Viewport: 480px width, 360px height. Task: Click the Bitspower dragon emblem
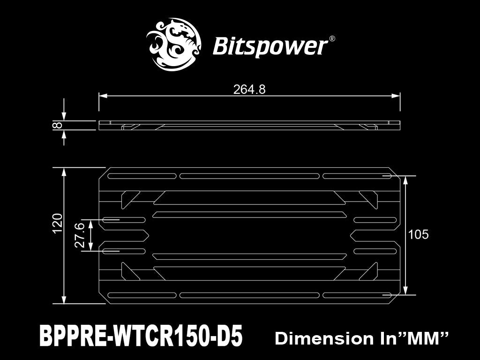coord(173,45)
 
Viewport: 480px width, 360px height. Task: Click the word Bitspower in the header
coord(270,46)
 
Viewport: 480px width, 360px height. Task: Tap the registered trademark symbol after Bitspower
coord(332,39)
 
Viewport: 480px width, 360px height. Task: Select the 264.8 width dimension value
coord(249,89)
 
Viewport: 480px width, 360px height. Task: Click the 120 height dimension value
coord(57,223)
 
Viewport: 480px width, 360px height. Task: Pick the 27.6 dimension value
coord(80,235)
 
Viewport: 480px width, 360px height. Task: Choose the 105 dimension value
coord(418,235)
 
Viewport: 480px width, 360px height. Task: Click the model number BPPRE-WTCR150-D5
coord(141,337)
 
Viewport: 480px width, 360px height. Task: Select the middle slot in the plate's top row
coord(250,176)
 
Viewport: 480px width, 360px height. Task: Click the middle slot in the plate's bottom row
coord(250,295)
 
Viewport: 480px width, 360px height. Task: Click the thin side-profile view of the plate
coord(250,125)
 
